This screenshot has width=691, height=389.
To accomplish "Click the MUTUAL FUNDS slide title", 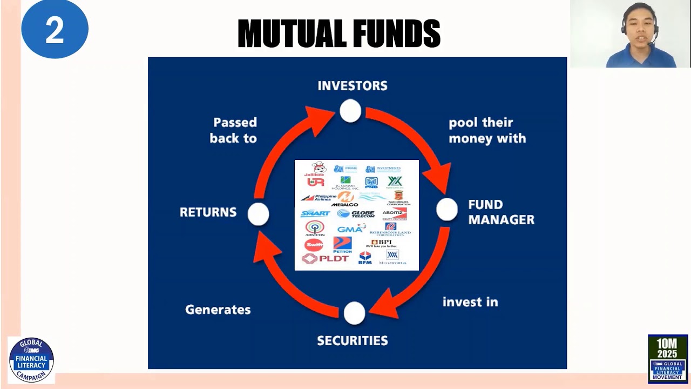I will coord(339,33).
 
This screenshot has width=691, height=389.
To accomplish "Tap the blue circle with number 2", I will coord(55,30).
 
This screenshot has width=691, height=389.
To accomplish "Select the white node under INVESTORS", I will coord(350,111).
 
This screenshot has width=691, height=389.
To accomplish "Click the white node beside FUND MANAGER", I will coord(446,210).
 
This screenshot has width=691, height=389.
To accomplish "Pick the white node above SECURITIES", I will coord(354,313).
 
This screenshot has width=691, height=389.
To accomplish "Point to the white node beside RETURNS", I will coord(258,214).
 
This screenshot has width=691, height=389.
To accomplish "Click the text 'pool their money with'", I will coord(487,130).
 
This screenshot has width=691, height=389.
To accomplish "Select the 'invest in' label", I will coord(470,302).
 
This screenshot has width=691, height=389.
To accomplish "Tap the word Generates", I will coord(218,310).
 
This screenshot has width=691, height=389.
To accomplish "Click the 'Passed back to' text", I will coord(233,130).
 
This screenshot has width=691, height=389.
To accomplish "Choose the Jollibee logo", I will coord(316,170).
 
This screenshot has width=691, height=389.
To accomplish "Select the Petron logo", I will coord(342,245).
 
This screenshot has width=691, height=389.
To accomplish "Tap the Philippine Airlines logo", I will coord(319,198).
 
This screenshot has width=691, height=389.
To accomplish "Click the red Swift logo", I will coord(314,245).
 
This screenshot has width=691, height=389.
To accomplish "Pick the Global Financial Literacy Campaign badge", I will coord(31,359).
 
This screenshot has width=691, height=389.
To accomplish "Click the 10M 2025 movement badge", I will coord(667,358).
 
